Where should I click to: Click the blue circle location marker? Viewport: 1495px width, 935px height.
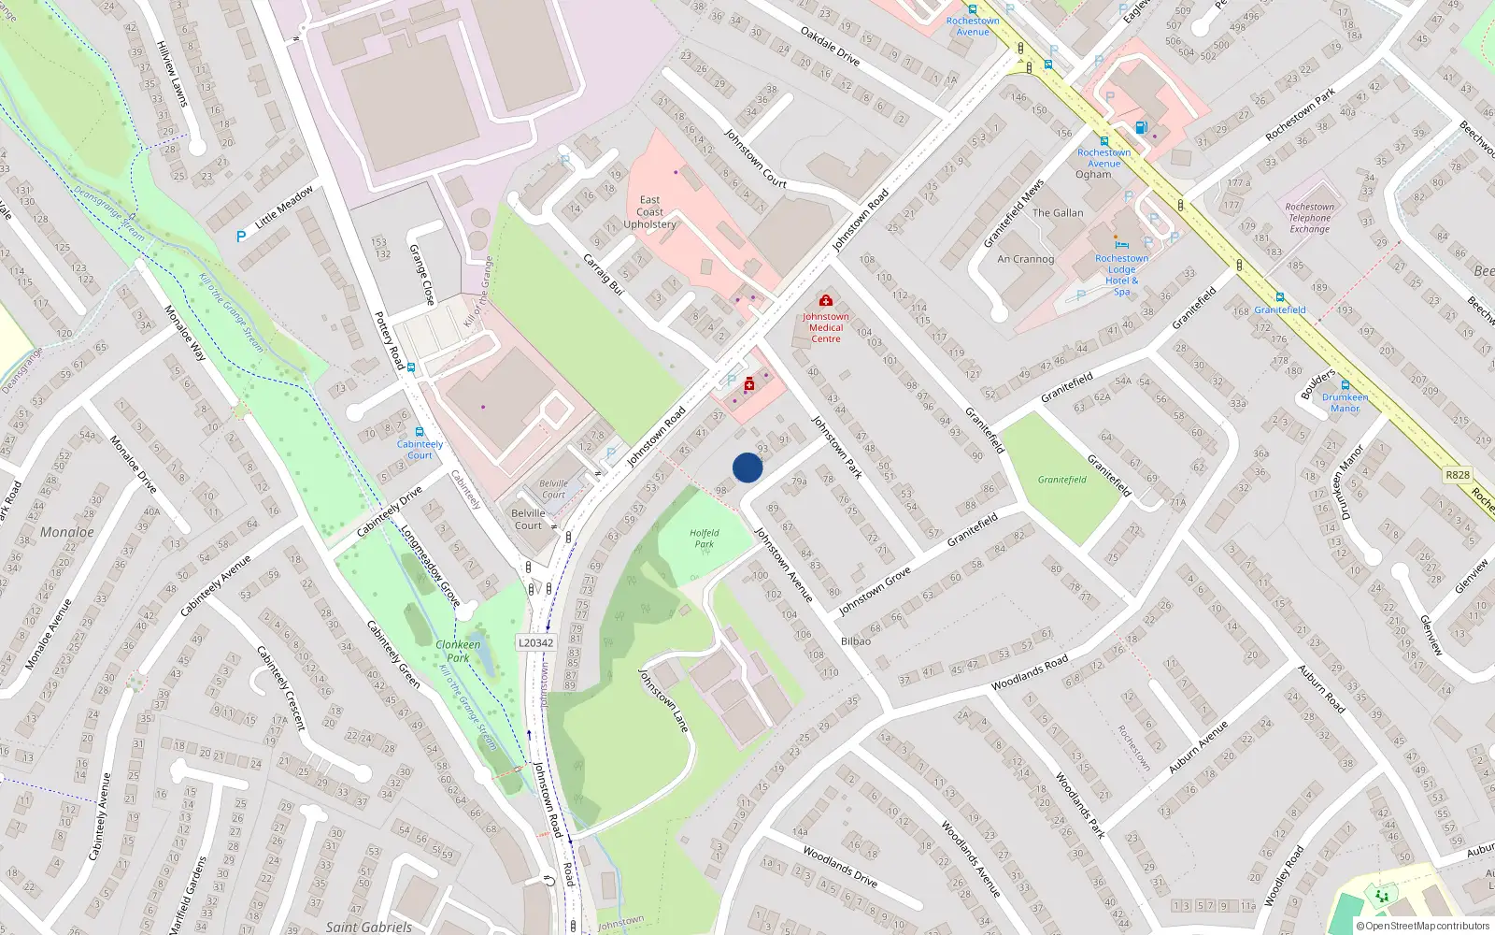pyautogui.click(x=747, y=467)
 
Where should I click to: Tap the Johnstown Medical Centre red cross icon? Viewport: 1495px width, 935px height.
pyautogui.click(x=826, y=300)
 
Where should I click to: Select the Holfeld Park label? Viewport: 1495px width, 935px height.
pyautogui.click(x=705, y=539)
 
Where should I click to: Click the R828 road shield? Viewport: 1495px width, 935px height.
pyautogui.click(x=1458, y=475)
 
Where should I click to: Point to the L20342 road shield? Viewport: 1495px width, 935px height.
pyautogui.click(x=536, y=643)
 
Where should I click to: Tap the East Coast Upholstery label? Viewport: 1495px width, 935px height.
pyautogui.click(x=650, y=212)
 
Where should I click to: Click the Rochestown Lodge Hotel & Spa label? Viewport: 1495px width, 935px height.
pyautogui.click(x=1121, y=275)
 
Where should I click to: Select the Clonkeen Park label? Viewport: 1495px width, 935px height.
pyautogui.click(x=458, y=651)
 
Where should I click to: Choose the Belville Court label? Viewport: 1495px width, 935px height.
pyautogui.click(x=528, y=519)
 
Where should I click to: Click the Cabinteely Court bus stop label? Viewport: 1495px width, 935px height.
pyautogui.click(x=420, y=450)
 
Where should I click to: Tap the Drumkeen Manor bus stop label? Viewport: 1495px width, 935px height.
pyautogui.click(x=1345, y=402)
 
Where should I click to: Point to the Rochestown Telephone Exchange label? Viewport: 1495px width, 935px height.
pyautogui.click(x=1309, y=218)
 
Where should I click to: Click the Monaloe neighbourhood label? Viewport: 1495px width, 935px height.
pyautogui.click(x=66, y=532)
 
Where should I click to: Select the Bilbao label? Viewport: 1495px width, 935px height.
pyautogui.click(x=855, y=641)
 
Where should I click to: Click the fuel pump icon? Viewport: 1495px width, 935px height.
pyautogui.click(x=1140, y=127)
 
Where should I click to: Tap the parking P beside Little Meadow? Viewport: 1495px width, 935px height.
pyautogui.click(x=241, y=237)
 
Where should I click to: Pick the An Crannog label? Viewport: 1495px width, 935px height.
pyautogui.click(x=1025, y=259)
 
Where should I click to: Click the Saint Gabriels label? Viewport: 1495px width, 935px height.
pyautogui.click(x=368, y=927)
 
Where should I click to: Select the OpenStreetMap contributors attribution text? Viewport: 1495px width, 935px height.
pyautogui.click(x=1422, y=926)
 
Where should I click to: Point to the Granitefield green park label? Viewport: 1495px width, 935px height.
pyautogui.click(x=1062, y=480)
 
